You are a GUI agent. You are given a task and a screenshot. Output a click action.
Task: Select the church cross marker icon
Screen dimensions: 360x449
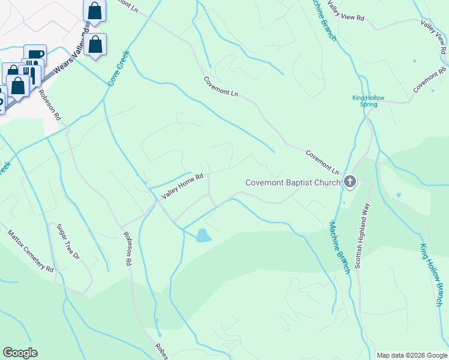[x=349, y=182]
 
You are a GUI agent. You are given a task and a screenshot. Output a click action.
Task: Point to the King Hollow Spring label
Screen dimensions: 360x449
[x=368, y=101]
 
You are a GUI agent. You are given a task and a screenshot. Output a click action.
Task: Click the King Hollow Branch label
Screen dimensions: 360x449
[x=430, y=275]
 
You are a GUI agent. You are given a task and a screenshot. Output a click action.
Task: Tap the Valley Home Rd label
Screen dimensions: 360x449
[x=182, y=187]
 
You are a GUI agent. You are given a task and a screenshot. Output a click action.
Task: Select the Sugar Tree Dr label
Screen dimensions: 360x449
[x=68, y=241]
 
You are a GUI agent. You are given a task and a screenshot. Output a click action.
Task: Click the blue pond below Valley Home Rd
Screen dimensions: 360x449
[x=203, y=235]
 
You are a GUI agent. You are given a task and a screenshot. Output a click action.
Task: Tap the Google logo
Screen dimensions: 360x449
[x=20, y=353]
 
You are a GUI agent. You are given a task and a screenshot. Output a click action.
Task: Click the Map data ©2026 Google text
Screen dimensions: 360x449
[x=412, y=355]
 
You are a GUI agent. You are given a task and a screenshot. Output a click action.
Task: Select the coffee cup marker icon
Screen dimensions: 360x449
[x=35, y=54]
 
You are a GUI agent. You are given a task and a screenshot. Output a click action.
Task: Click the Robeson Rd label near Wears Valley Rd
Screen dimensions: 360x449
[x=49, y=103]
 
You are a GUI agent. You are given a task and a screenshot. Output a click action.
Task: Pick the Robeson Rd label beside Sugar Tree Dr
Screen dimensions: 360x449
[x=127, y=249]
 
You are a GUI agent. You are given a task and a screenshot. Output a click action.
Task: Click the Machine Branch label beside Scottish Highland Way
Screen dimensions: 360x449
[x=339, y=248]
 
